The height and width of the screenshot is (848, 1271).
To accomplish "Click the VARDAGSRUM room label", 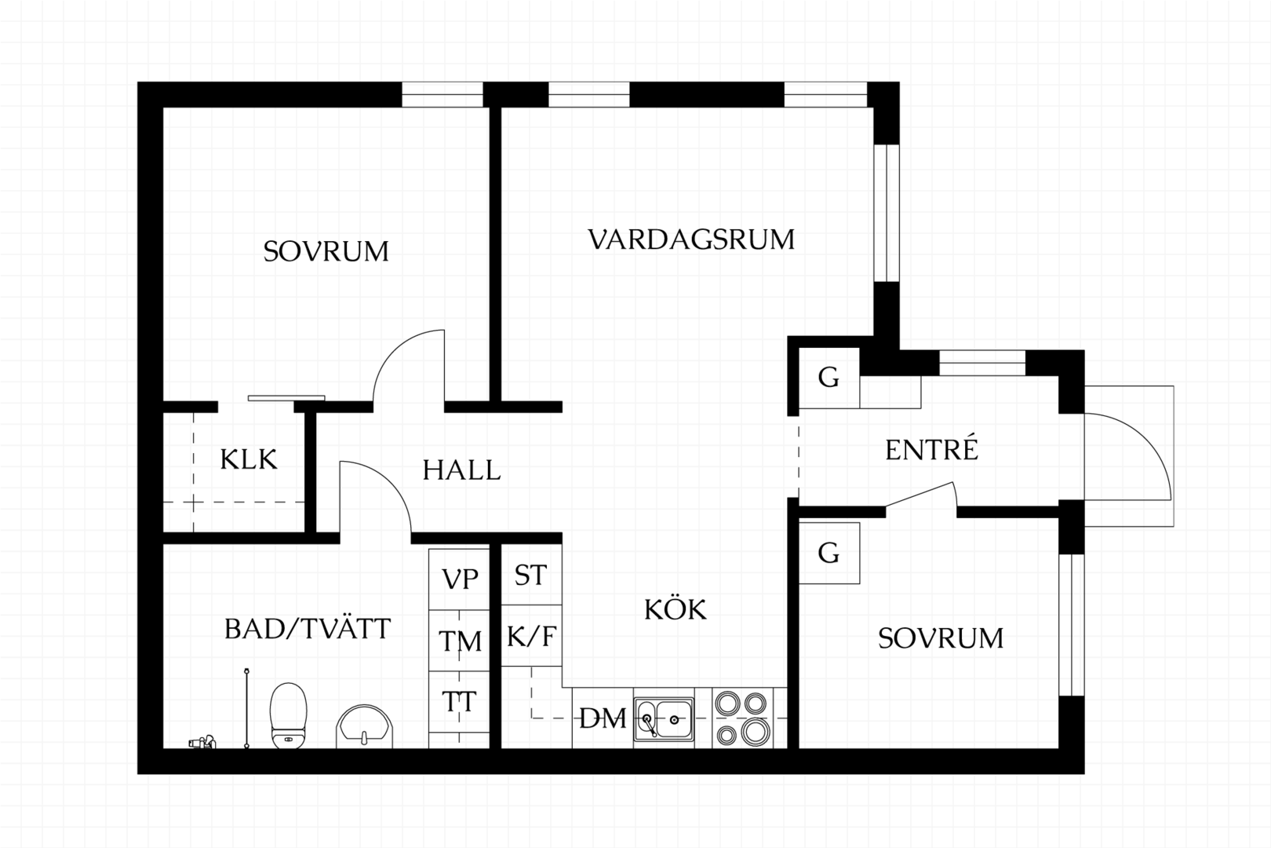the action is [691, 239].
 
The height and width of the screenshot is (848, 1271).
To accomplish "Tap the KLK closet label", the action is [249, 459].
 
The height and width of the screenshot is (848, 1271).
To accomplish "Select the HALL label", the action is [461, 470].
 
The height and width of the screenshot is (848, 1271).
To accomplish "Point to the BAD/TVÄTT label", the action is [308, 629].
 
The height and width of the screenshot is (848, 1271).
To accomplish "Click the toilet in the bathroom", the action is [288, 715].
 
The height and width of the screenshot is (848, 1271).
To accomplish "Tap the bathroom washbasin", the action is [364, 727].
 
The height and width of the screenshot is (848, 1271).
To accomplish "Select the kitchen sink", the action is [664, 720].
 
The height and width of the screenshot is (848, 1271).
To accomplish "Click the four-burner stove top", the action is [742, 718].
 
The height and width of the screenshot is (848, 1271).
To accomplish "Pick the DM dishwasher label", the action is [603, 718].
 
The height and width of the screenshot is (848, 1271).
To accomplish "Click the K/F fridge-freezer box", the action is [532, 635].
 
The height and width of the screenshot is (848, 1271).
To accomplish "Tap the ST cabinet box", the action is [532, 574].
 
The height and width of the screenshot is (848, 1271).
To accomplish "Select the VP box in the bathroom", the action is [459, 579].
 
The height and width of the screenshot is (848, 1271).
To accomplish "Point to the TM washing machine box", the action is [459, 641].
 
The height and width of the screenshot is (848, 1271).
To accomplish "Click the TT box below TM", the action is [459, 702].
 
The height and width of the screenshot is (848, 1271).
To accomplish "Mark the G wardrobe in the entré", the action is [829, 378].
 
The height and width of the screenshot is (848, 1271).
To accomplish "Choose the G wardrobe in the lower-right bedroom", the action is [829, 553].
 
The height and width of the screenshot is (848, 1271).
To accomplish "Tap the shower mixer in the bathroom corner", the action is [202, 741].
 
